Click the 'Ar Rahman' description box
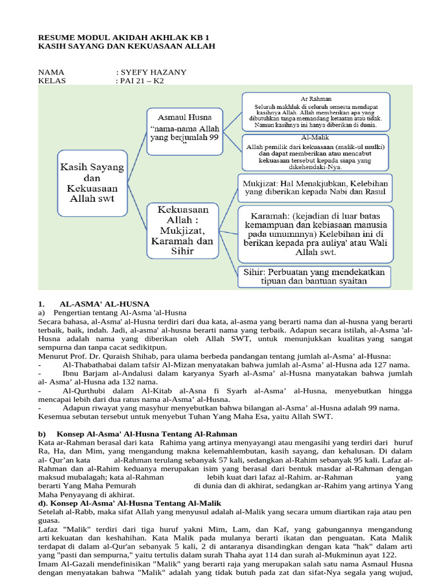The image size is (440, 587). [316, 111]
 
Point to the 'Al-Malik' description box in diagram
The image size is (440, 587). [316, 152]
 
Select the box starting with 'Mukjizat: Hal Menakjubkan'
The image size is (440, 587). [315, 188]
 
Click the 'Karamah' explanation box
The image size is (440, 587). [315, 235]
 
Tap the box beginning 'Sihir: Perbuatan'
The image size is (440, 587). [315, 276]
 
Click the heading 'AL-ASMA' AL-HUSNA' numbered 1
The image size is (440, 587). [104, 303]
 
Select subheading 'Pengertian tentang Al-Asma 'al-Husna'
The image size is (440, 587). [120, 312]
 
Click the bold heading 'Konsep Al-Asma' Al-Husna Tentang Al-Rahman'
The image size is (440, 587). [147, 434]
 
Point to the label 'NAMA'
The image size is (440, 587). [52, 72]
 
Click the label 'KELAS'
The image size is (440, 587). [52, 81]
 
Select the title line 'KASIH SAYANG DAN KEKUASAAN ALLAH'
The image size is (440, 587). [127, 46]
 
